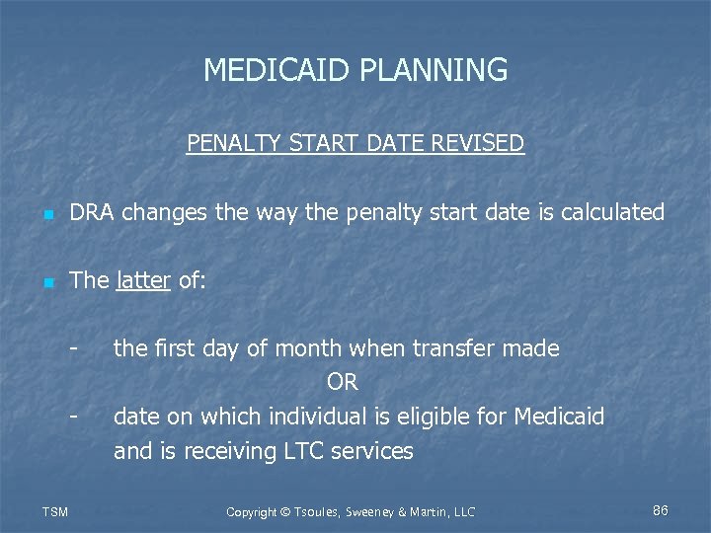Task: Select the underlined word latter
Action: [143, 280]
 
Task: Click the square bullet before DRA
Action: [46, 214]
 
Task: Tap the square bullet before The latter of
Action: [46, 282]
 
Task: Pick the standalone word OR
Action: [342, 382]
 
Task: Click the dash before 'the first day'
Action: [73, 348]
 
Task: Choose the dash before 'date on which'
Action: [73, 417]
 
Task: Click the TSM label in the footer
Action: [55, 511]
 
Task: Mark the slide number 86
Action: [661, 510]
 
